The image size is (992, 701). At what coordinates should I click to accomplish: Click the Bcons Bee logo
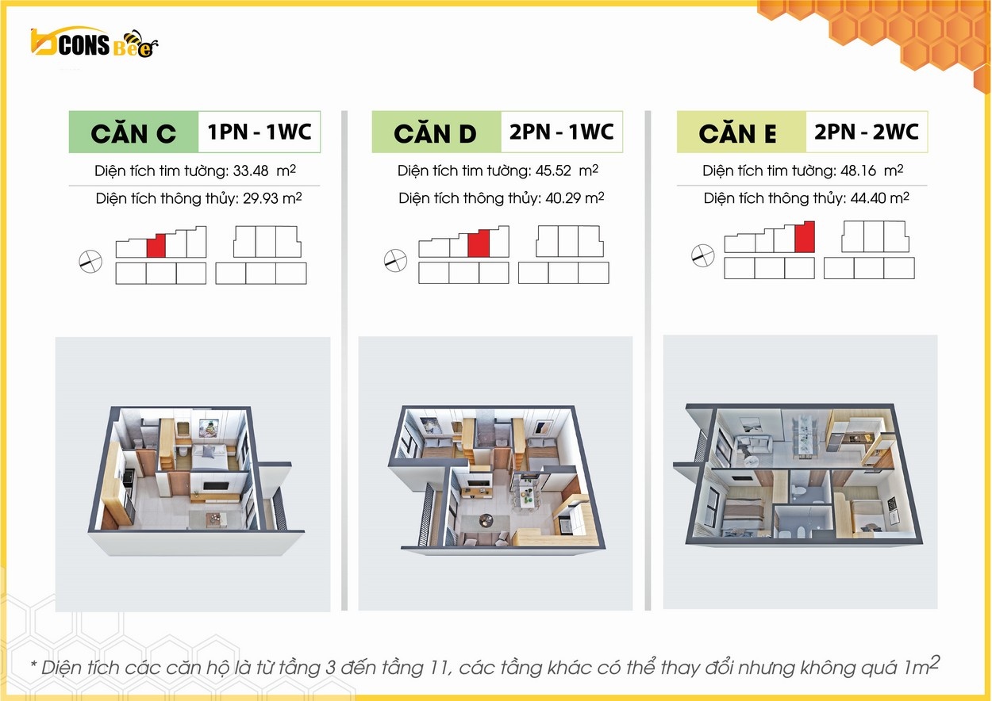tap(94, 43)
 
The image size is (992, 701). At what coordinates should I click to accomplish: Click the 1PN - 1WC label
tap(260, 132)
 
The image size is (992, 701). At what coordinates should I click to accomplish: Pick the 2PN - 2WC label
tap(867, 132)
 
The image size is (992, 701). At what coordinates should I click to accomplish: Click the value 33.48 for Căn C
tap(251, 170)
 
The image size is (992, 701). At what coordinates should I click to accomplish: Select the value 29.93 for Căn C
tap(260, 198)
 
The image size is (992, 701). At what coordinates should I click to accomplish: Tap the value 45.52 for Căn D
tap(553, 170)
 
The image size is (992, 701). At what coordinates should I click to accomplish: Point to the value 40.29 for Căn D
tap(563, 198)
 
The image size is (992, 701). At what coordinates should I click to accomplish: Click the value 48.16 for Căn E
tap(858, 170)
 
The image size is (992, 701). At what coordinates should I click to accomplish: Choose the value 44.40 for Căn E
tap(868, 198)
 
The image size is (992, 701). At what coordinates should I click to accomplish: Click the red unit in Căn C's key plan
tap(156, 246)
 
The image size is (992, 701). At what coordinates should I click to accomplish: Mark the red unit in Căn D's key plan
tap(479, 243)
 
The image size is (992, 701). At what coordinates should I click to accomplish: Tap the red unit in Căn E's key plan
tap(805, 237)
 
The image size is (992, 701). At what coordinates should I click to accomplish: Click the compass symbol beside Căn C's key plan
tap(90, 262)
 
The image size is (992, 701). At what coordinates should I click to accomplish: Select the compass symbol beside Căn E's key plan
tap(703, 256)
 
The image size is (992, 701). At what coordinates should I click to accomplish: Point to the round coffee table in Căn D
tap(486, 519)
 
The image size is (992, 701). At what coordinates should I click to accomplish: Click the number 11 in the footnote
tap(438, 668)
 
